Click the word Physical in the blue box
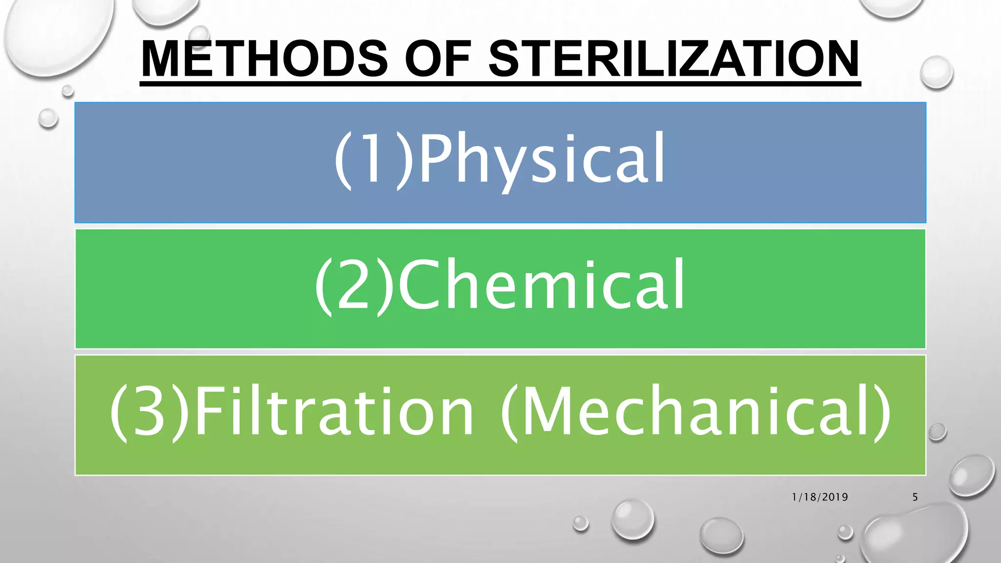[x=542, y=159]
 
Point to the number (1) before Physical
[x=374, y=159]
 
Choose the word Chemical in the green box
[x=541, y=285]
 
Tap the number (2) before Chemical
[x=354, y=285]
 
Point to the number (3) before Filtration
[x=150, y=411]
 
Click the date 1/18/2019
[x=820, y=497]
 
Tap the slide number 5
[x=915, y=497]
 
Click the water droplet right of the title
[x=936, y=72]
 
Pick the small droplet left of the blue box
[x=48, y=118]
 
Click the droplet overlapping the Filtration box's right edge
[x=937, y=432]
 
